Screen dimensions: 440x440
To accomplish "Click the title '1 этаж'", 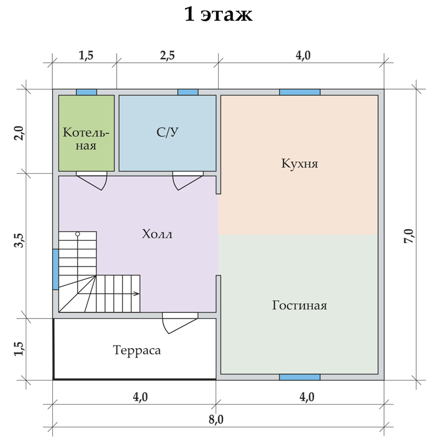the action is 218,15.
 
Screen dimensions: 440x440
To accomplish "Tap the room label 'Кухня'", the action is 299,163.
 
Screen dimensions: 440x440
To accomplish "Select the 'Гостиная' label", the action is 299,305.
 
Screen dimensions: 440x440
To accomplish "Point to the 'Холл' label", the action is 157,234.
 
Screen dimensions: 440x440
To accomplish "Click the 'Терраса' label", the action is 137,350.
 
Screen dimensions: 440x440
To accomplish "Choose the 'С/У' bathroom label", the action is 168,132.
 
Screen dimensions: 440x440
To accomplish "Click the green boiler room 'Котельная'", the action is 86,133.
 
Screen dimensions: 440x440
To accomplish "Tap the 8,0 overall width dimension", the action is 216,420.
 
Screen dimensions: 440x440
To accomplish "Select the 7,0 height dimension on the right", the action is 409,236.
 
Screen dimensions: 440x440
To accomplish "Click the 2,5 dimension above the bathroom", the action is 168,56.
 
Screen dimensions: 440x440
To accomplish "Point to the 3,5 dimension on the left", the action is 20,240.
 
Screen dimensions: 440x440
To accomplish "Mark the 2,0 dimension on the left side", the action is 20,134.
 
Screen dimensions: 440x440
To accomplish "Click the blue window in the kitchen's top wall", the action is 300,92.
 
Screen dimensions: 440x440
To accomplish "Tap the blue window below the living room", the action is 300,377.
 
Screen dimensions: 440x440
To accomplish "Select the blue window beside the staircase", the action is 56,269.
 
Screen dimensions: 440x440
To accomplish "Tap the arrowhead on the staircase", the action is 136,294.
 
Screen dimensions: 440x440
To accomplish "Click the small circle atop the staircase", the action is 78,234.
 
